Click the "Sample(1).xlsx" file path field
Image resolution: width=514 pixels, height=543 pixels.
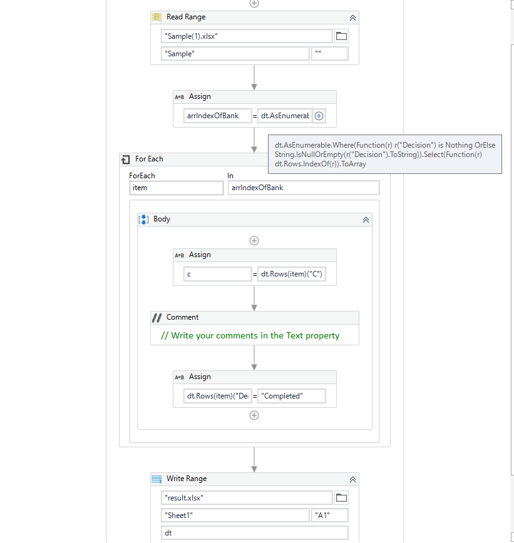click(247, 36)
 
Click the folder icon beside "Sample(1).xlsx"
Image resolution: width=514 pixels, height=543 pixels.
click(341, 36)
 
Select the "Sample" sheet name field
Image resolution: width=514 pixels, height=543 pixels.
click(235, 54)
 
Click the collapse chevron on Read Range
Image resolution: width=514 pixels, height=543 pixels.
click(352, 18)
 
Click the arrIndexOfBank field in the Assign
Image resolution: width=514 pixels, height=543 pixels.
click(217, 116)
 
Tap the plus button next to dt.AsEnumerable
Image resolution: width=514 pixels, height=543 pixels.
click(319, 116)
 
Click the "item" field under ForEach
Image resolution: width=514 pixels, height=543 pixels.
click(176, 188)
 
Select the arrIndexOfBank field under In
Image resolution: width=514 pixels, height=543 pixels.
click(304, 188)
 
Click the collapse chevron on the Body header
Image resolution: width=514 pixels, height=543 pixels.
click(366, 220)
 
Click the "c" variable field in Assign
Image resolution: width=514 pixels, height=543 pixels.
click(217, 274)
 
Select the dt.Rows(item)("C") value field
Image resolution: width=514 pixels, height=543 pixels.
click(292, 274)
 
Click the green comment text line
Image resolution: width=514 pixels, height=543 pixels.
click(250, 336)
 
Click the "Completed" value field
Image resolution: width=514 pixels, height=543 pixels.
click(292, 396)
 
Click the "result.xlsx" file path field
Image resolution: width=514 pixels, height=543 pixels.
click(247, 498)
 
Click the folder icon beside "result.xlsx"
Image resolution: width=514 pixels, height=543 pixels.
click(341, 498)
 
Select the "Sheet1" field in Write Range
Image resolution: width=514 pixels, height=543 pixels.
click(235, 515)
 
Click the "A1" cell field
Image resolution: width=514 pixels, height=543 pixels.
click(329, 515)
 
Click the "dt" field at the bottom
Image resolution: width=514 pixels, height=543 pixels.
click(254, 533)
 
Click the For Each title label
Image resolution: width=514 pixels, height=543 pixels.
click(149, 159)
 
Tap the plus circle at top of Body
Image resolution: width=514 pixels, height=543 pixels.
click(254, 241)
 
